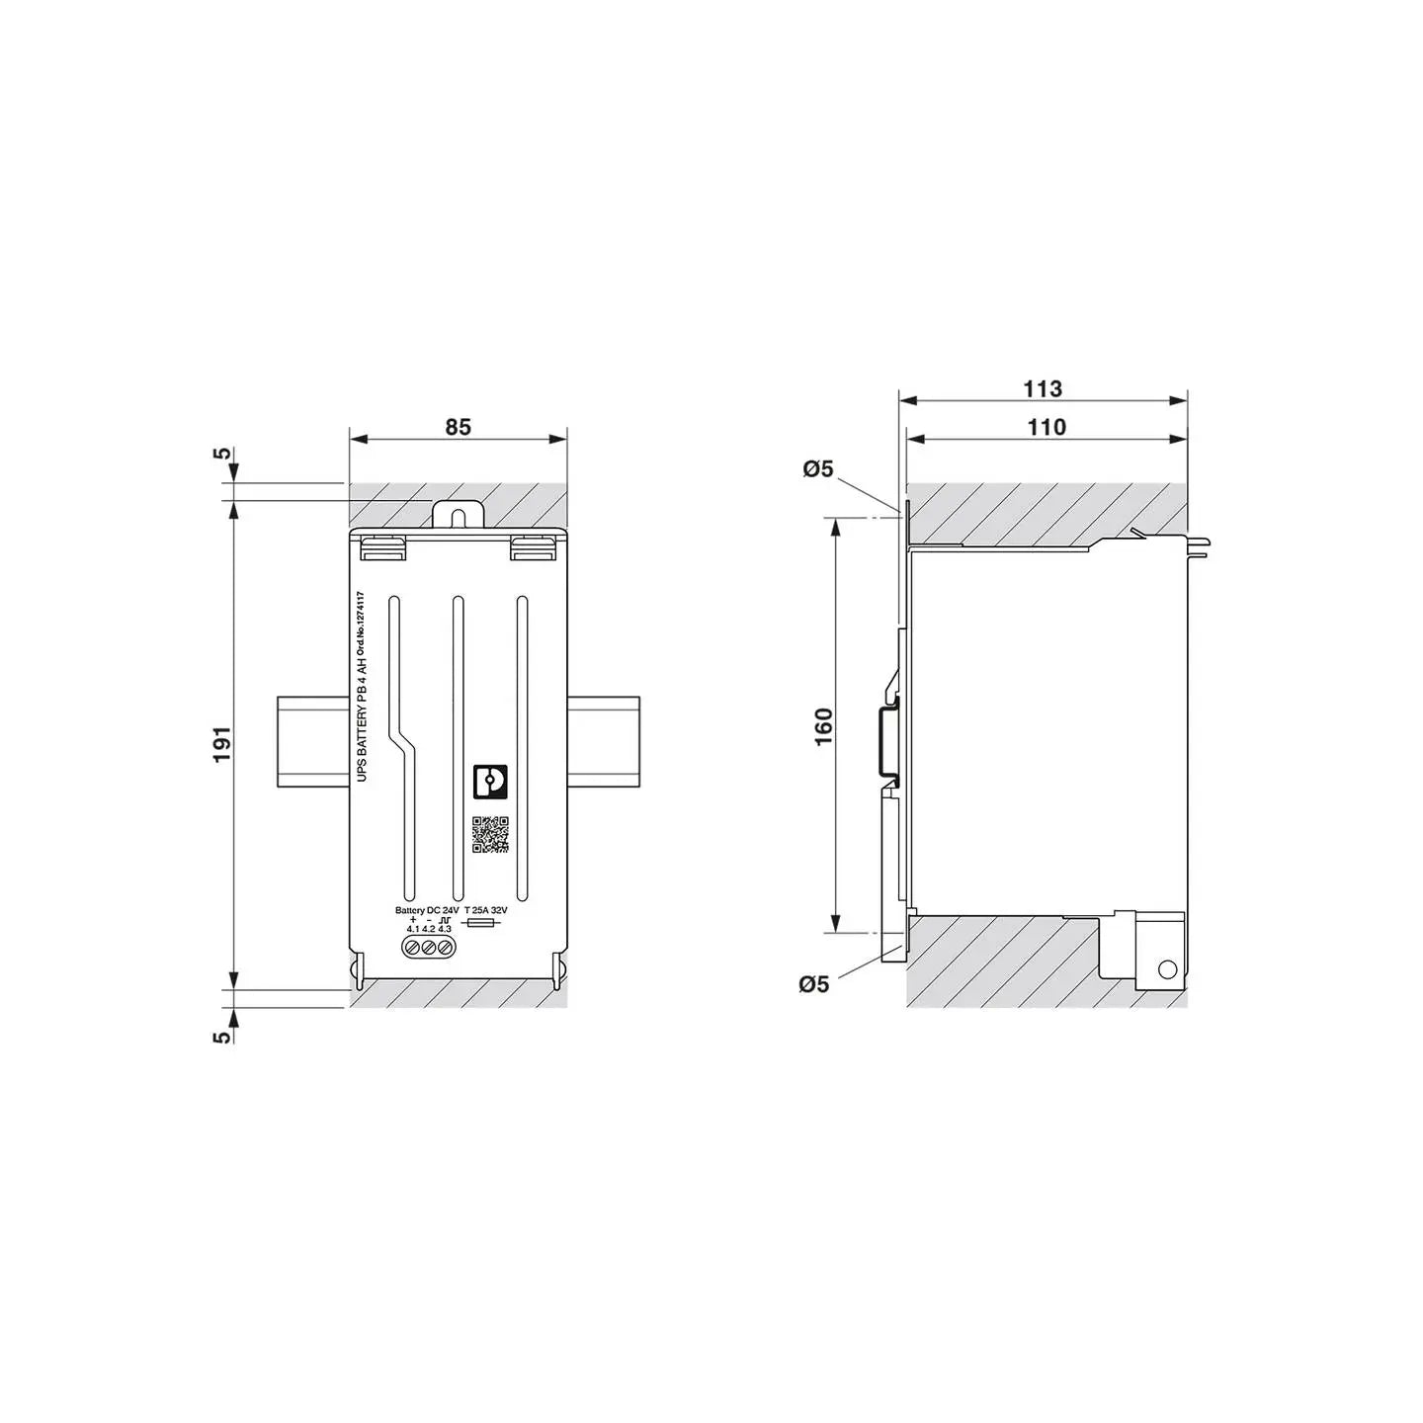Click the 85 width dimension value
click(x=458, y=427)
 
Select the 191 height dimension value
click(x=223, y=745)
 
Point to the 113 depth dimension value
click(x=1042, y=388)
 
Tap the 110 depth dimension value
click(x=1046, y=427)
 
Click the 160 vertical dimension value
click(x=824, y=726)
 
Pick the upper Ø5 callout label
click(x=818, y=468)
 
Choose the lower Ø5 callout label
click(x=814, y=983)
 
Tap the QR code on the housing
click(x=490, y=834)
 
